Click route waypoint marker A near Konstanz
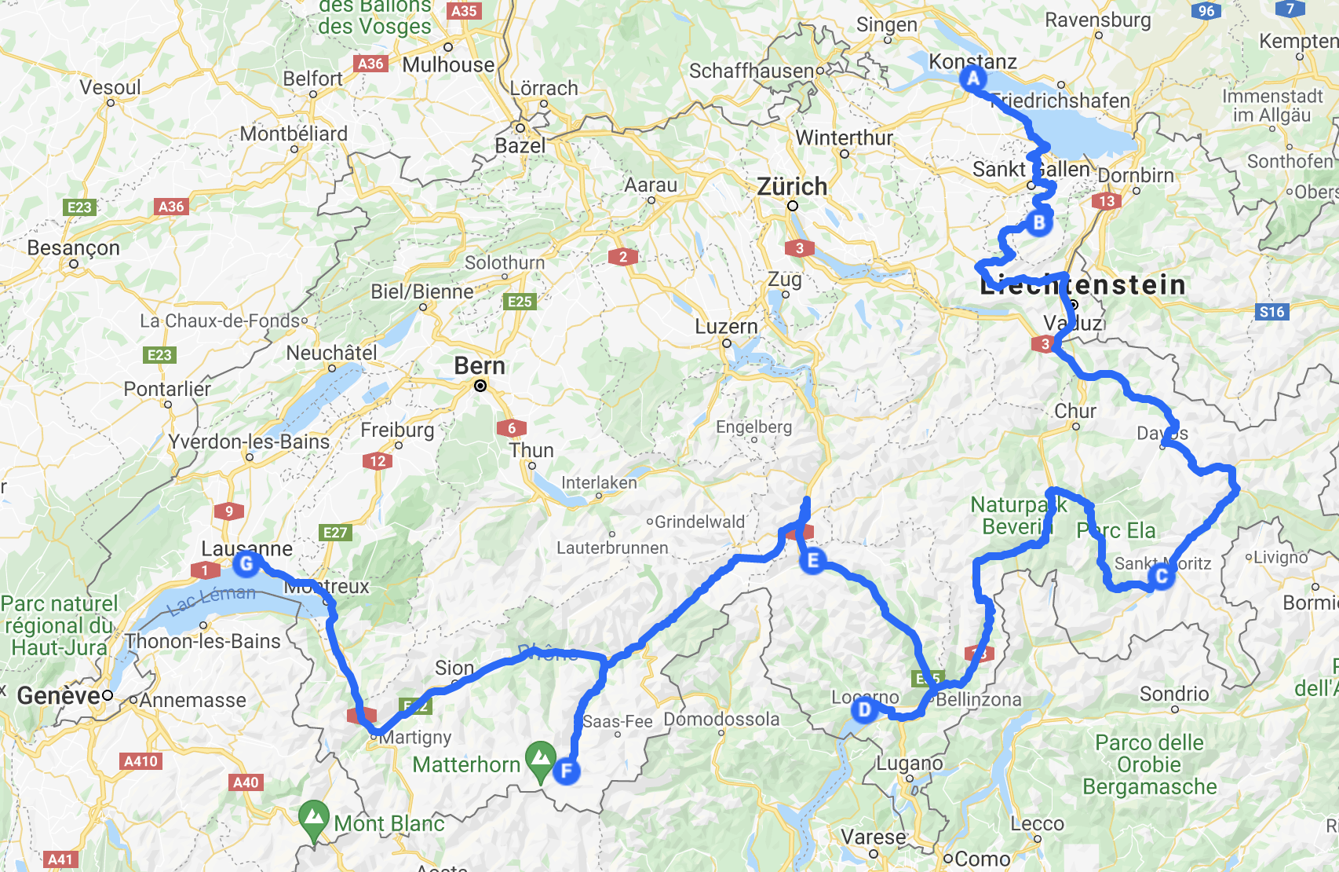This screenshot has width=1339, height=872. (973, 79)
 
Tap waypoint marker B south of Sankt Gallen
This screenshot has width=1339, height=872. (1038, 223)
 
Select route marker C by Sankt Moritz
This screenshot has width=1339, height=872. (1161, 577)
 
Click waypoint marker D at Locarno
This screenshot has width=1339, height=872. (864, 710)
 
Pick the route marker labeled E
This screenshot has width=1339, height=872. (812, 560)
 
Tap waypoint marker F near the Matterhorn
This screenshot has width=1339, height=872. (566, 771)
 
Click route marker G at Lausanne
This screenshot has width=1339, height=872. (246, 563)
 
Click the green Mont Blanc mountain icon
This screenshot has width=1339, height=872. (313, 819)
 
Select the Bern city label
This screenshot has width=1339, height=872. (480, 366)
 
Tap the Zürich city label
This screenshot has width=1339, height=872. (792, 187)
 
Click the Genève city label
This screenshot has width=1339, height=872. (58, 696)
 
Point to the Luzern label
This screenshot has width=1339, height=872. (726, 327)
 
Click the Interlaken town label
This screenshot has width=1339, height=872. (599, 482)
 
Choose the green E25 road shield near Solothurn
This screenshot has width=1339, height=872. (520, 302)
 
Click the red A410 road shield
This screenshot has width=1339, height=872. (141, 761)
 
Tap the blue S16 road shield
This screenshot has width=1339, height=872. (1272, 312)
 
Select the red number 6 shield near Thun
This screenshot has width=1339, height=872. (512, 428)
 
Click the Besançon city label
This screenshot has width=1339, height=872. (74, 248)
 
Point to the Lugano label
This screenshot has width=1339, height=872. (909, 764)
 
